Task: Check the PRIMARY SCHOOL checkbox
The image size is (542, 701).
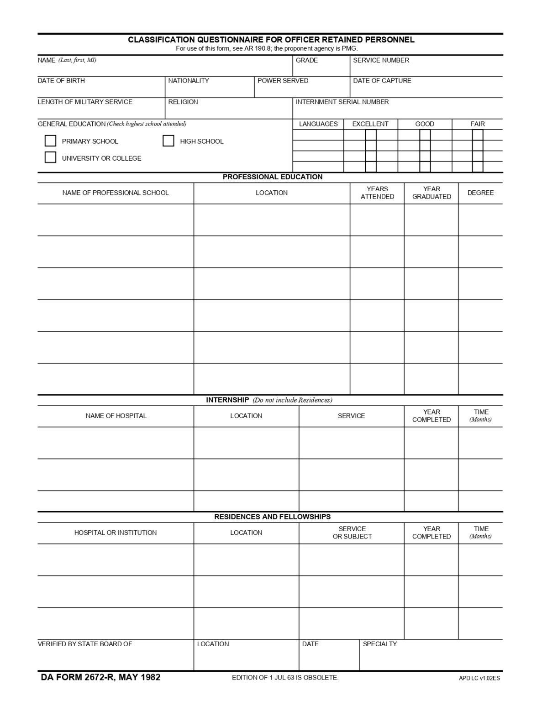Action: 50,141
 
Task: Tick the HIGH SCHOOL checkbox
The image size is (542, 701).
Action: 168,141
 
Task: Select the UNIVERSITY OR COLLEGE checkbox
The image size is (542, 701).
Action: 50,157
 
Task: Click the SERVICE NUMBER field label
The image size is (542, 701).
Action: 381,60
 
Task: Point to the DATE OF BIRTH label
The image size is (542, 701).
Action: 61,81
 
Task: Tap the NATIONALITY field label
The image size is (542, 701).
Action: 188,81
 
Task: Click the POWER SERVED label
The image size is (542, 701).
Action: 283,81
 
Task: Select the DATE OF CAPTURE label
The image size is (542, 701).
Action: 382,81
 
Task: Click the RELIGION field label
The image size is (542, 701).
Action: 183,102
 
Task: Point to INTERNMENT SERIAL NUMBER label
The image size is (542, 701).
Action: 342,102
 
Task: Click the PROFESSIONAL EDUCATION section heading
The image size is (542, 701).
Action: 272,177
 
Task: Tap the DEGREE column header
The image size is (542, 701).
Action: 480,193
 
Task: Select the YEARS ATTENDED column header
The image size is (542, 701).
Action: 377,193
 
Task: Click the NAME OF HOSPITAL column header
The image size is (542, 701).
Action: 116,416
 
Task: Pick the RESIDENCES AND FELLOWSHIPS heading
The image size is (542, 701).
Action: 272,517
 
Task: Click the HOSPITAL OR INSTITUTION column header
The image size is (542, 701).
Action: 115,533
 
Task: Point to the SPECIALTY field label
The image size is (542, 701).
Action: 379,644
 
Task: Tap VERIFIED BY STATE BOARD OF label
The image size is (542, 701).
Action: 84,644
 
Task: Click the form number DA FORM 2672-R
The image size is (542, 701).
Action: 100,677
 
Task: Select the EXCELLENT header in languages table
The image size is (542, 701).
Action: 370,124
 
